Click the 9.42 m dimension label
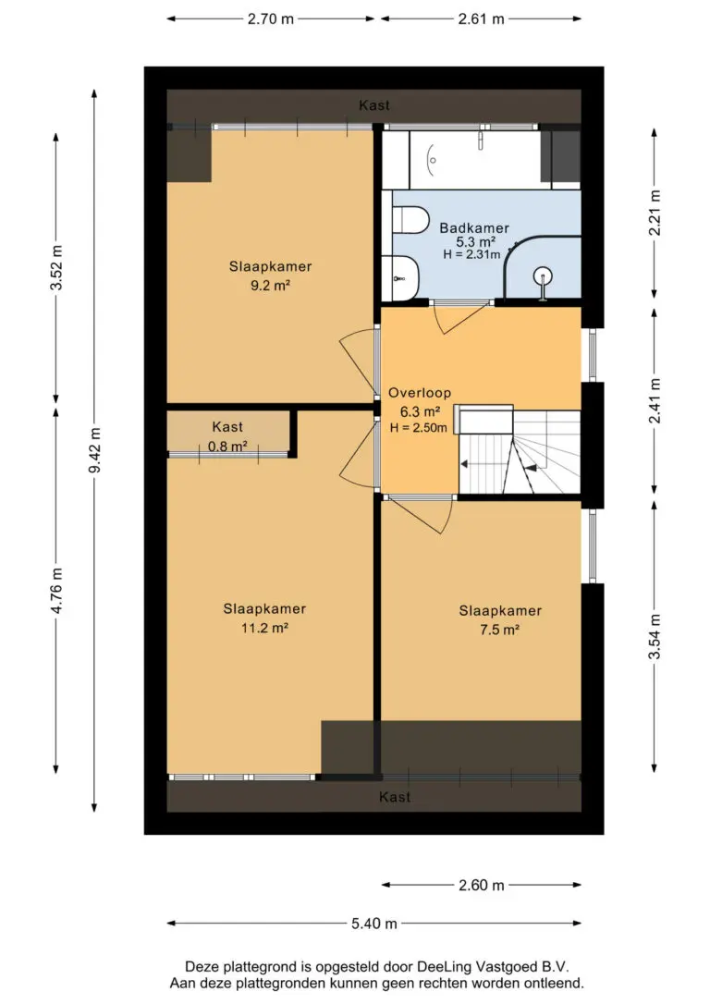pyautogui.click(x=94, y=450)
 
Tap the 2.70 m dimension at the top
pyautogui.click(x=271, y=19)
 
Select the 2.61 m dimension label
pyautogui.click(x=481, y=19)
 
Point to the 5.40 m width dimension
pyautogui.click(x=373, y=924)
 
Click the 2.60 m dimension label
pyautogui.click(x=482, y=886)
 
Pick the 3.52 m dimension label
pyautogui.click(x=56, y=268)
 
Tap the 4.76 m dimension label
pyautogui.click(x=56, y=591)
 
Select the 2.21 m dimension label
pyautogui.click(x=655, y=213)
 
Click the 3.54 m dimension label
pyautogui.click(x=655, y=636)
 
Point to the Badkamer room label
pyautogui.click(x=473, y=228)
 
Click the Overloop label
pyautogui.click(x=420, y=393)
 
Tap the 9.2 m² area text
pyautogui.click(x=270, y=286)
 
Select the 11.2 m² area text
pyautogui.click(x=264, y=628)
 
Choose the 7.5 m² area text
pyautogui.click(x=499, y=631)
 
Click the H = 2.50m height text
pyautogui.click(x=419, y=428)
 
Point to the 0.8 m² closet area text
pyautogui.click(x=227, y=447)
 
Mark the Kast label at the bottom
pyautogui.click(x=395, y=797)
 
